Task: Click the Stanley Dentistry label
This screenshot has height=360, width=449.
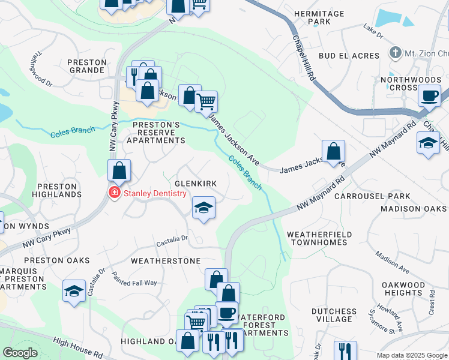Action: (x=155, y=193)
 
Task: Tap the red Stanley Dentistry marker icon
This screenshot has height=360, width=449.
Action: (x=113, y=193)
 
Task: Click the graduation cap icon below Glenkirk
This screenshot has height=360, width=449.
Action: (x=203, y=208)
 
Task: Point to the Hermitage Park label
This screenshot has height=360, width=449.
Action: (x=312, y=17)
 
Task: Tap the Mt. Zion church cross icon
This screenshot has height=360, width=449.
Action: (x=394, y=53)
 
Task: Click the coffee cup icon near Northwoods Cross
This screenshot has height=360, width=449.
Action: (x=430, y=95)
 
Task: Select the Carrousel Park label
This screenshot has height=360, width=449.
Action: (x=372, y=196)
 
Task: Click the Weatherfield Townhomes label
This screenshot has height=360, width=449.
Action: (x=317, y=238)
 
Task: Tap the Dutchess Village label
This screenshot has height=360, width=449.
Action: (x=334, y=315)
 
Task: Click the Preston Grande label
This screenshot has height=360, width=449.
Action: (x=87, y=66)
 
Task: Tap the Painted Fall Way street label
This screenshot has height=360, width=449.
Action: (x=134, y=283)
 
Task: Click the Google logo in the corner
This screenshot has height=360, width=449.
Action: (x=20, y=353)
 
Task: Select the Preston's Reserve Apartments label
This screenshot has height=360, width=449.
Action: (x=155, y=133)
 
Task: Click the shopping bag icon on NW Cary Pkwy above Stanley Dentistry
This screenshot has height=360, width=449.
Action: (x=119, y=170)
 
